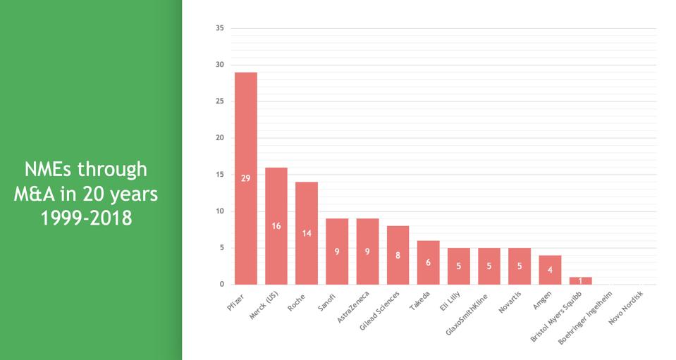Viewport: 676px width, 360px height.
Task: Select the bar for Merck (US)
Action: [276, 225]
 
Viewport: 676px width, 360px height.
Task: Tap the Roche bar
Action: [307, 233]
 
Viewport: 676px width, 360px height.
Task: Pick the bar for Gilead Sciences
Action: [398, 255]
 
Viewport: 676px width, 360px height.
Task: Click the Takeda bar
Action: [429, 263]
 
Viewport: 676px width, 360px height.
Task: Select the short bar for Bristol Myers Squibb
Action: [580, 280]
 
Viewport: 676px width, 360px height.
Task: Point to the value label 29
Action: [245, 178]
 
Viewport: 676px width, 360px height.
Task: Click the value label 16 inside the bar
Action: [276, 226]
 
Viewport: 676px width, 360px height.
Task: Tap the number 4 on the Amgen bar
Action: [550, 270]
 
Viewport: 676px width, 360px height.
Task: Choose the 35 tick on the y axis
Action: [219, 28]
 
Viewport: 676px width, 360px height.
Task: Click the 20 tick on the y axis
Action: [219, 138]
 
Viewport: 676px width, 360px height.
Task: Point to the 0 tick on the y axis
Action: [221, 285]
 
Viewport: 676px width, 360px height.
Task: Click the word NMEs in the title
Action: [48, 169]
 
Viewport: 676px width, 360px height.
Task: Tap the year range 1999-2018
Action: [87, 218]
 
